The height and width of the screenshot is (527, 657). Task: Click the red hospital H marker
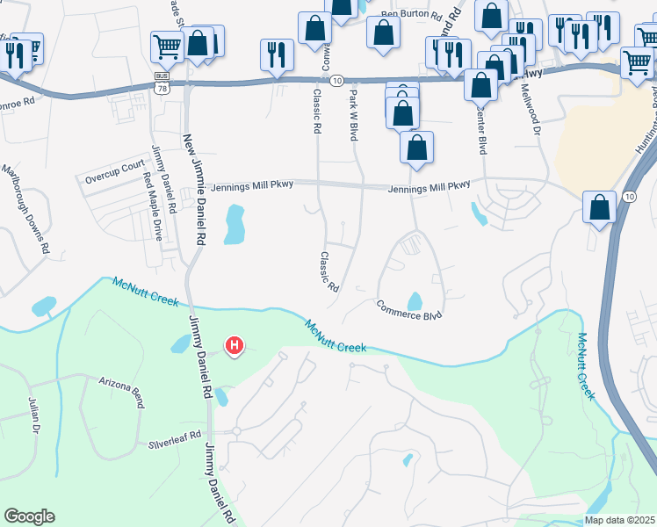[234, 347]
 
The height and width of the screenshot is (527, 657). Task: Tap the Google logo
[29, 516]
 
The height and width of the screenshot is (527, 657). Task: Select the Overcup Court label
[114, 165]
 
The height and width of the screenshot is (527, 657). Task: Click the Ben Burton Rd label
[409, 15]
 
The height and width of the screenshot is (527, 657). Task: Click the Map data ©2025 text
[618, 520]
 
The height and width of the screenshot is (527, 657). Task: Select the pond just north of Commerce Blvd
[414, 301]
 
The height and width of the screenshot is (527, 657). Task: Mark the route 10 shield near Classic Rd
[336, 80]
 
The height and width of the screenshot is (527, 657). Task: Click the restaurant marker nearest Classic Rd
[277, 54]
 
